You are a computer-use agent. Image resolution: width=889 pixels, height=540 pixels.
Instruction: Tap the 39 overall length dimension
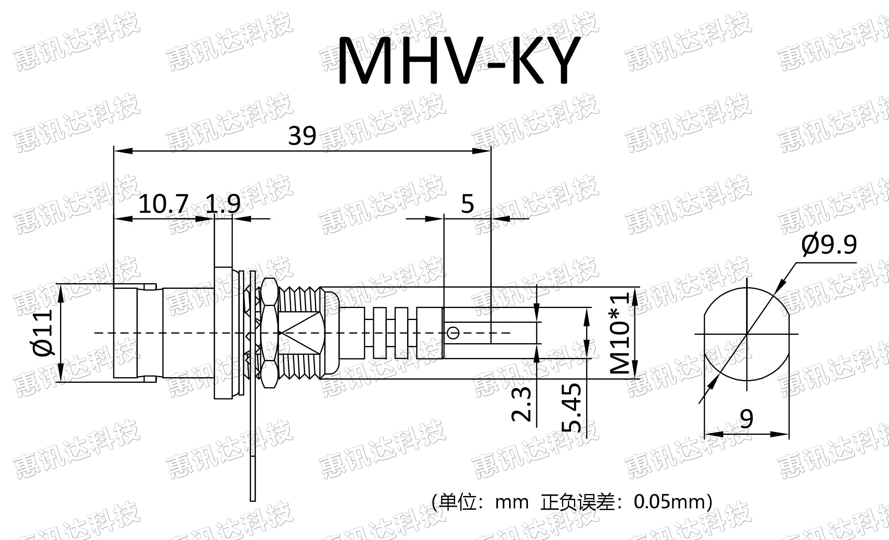302,136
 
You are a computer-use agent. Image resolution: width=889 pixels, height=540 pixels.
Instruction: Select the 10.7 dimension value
163,204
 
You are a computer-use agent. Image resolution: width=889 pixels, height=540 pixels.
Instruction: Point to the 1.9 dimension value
223,204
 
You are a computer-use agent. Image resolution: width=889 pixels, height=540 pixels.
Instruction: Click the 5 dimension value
467,204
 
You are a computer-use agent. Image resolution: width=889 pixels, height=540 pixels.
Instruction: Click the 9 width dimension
747,418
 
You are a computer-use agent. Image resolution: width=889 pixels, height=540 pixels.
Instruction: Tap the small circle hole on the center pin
453,332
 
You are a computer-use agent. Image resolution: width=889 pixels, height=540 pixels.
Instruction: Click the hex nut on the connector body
269,333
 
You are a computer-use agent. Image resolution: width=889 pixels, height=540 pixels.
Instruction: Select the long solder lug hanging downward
253,440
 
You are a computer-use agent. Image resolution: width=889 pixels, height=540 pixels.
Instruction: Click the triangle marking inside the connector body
300,333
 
